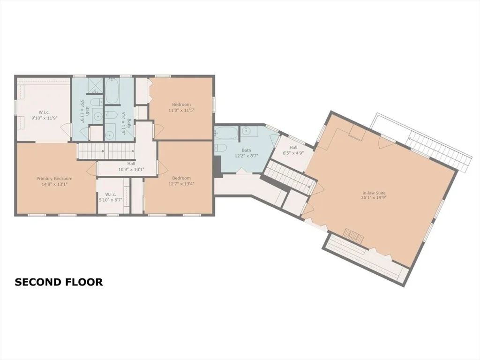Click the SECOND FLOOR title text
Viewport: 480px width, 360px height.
(59, 282)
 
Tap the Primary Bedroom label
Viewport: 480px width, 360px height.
(54, 179)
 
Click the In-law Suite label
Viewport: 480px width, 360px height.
(374, 193)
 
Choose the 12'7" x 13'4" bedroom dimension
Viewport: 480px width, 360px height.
(181, 184)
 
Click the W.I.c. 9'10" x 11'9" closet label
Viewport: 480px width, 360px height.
(45, 114)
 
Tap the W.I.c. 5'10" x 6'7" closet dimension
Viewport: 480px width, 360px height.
(111, 199)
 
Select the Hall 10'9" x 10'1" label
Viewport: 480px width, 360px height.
(131, 166)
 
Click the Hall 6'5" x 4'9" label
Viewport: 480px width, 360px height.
(293, 150)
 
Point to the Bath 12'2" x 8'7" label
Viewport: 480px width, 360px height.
(247, 153)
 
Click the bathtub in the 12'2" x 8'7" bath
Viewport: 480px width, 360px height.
(226, 134)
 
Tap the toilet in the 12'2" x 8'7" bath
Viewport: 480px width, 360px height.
(220, 148)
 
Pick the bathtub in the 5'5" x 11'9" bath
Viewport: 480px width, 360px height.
(113, 91)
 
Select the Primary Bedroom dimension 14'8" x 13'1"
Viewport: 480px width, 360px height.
(54, 184)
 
